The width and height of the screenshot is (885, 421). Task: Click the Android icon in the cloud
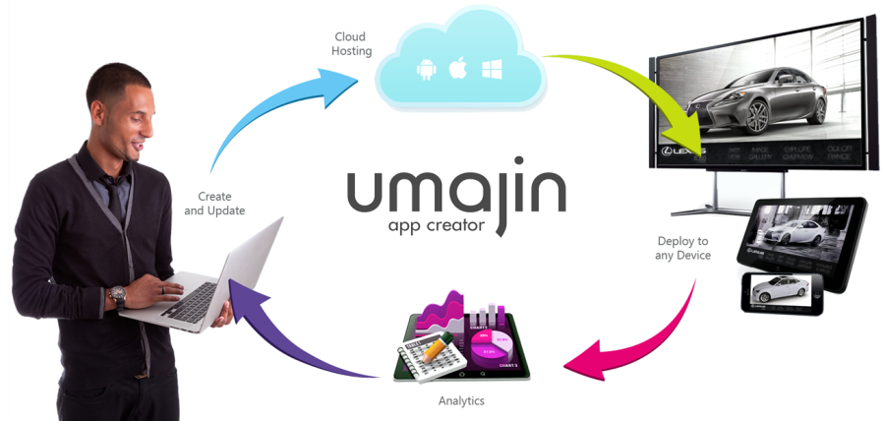pyautogui.click(x=427, y=69)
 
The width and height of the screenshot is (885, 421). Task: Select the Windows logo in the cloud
pyautogui.click(x=492, y=69)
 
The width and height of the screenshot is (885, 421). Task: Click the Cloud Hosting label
pyautogui.click(x=352, y=43)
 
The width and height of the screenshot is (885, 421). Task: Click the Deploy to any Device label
pyautogui.click(x=682, y=248)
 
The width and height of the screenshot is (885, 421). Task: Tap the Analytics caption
pyautogui.click(x=461, y=401)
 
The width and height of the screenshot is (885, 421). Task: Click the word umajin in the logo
pyautogui.click(x=456, y=193)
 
